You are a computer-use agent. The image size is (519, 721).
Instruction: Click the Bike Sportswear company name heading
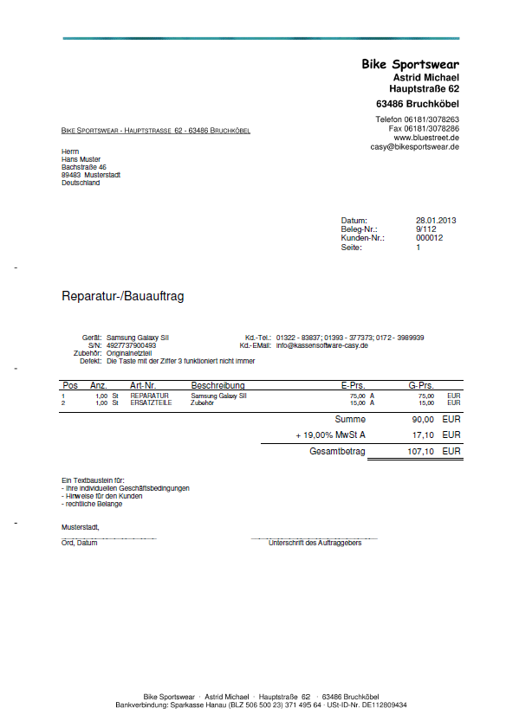pos(410,64)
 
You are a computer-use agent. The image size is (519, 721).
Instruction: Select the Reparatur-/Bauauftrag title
pos(122,296)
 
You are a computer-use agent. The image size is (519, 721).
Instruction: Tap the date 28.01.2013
pos(436,221)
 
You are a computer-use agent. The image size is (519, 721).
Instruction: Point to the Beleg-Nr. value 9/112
pos(425,229)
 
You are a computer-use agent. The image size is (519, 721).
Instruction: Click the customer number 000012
pos(430,238)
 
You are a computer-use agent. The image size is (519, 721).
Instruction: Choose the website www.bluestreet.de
pos(426,138)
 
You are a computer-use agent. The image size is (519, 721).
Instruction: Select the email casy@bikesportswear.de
pos(414,147)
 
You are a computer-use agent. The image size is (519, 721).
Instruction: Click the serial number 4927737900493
pos(131,345)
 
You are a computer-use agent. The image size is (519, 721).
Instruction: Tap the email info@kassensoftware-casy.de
pos(322,345)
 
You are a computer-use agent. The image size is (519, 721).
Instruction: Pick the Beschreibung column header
pos(217,385)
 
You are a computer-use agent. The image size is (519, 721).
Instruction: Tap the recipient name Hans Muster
pos(81,159)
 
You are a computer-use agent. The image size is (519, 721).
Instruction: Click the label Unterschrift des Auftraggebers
pos(315,544)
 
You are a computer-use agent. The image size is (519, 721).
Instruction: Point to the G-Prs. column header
pos(420,385)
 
